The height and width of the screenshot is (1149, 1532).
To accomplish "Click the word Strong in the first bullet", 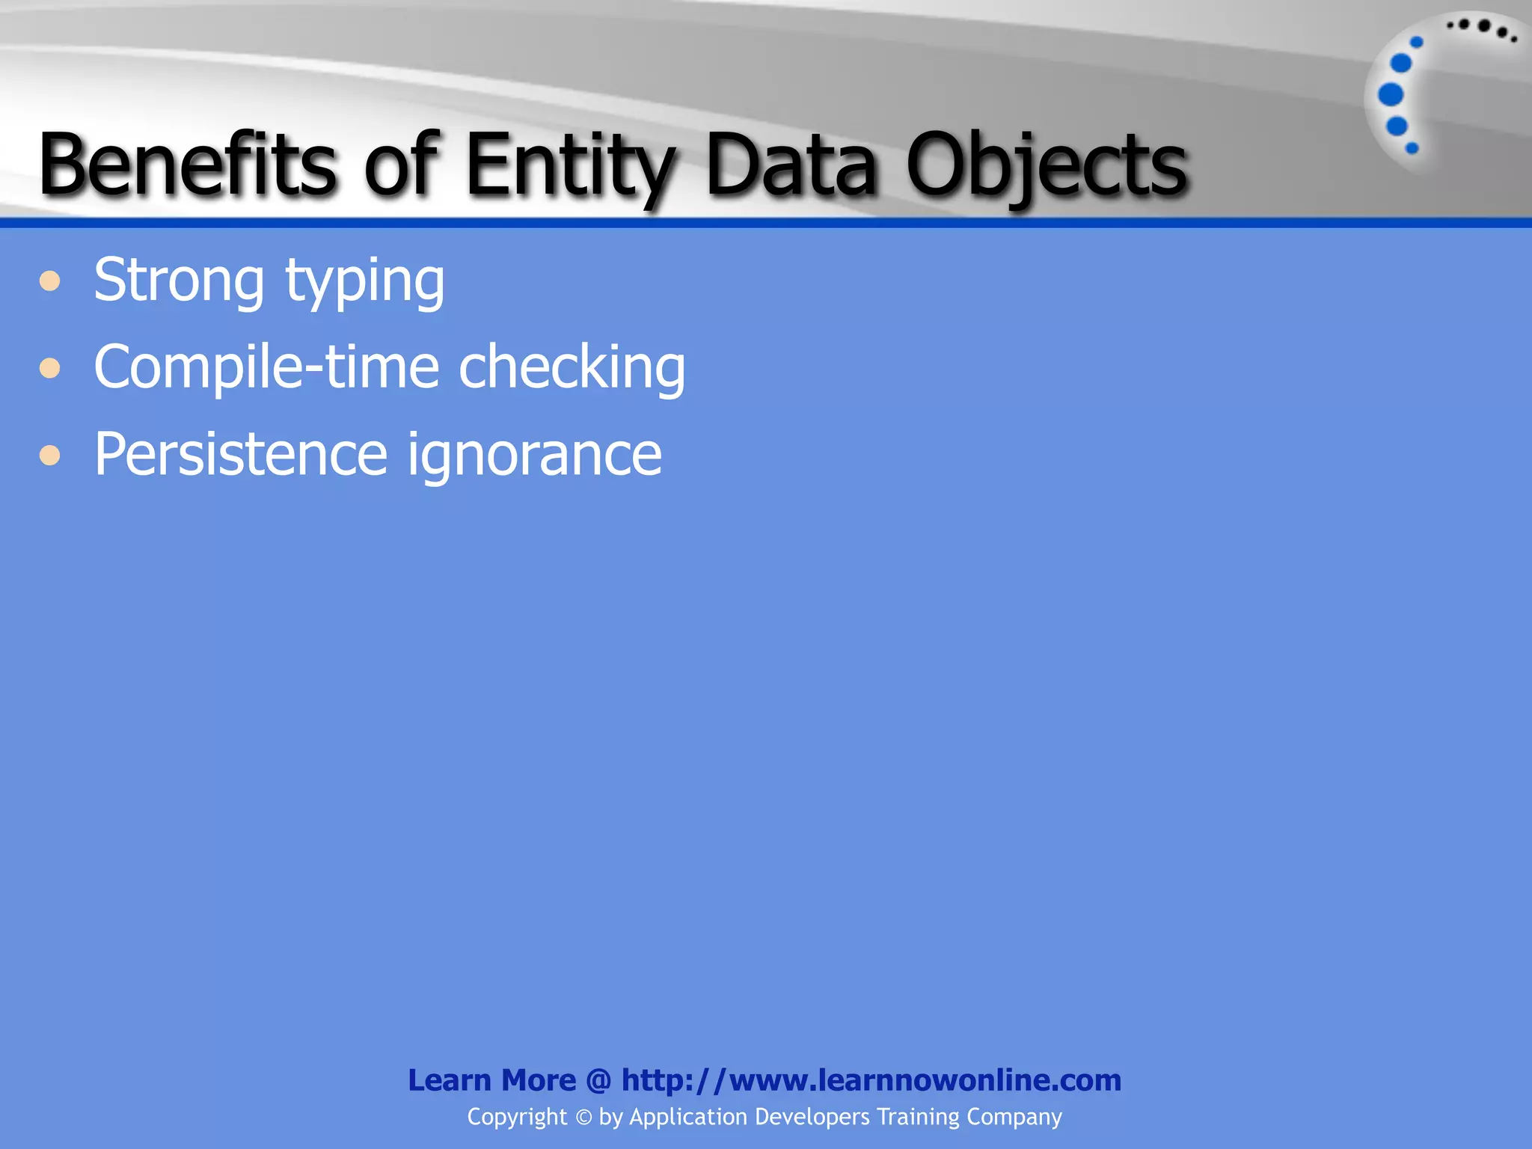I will (x=179, y=281).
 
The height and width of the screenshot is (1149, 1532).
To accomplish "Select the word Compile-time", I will (x=266, y=367).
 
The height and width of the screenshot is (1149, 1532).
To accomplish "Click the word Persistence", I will (x=240, y=453).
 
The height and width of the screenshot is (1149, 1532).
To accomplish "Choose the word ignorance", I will (x=534, y=455).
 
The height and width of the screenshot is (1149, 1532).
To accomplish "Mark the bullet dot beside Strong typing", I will (x=50, y=281).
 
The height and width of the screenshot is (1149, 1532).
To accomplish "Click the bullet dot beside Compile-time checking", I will (x=50, y=368).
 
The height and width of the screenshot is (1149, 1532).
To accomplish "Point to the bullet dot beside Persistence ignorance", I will (x=50, y=455).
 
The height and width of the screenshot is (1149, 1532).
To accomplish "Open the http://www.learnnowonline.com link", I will (x=871, y=1080).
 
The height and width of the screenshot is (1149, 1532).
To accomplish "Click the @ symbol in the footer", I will (x=598, y=1080).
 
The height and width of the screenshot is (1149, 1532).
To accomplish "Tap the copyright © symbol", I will (x=583, y=1118).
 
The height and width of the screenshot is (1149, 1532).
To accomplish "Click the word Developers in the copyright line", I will (x=812, y=1117).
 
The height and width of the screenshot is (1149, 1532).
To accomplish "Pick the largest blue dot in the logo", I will (x=1391, y=95).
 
